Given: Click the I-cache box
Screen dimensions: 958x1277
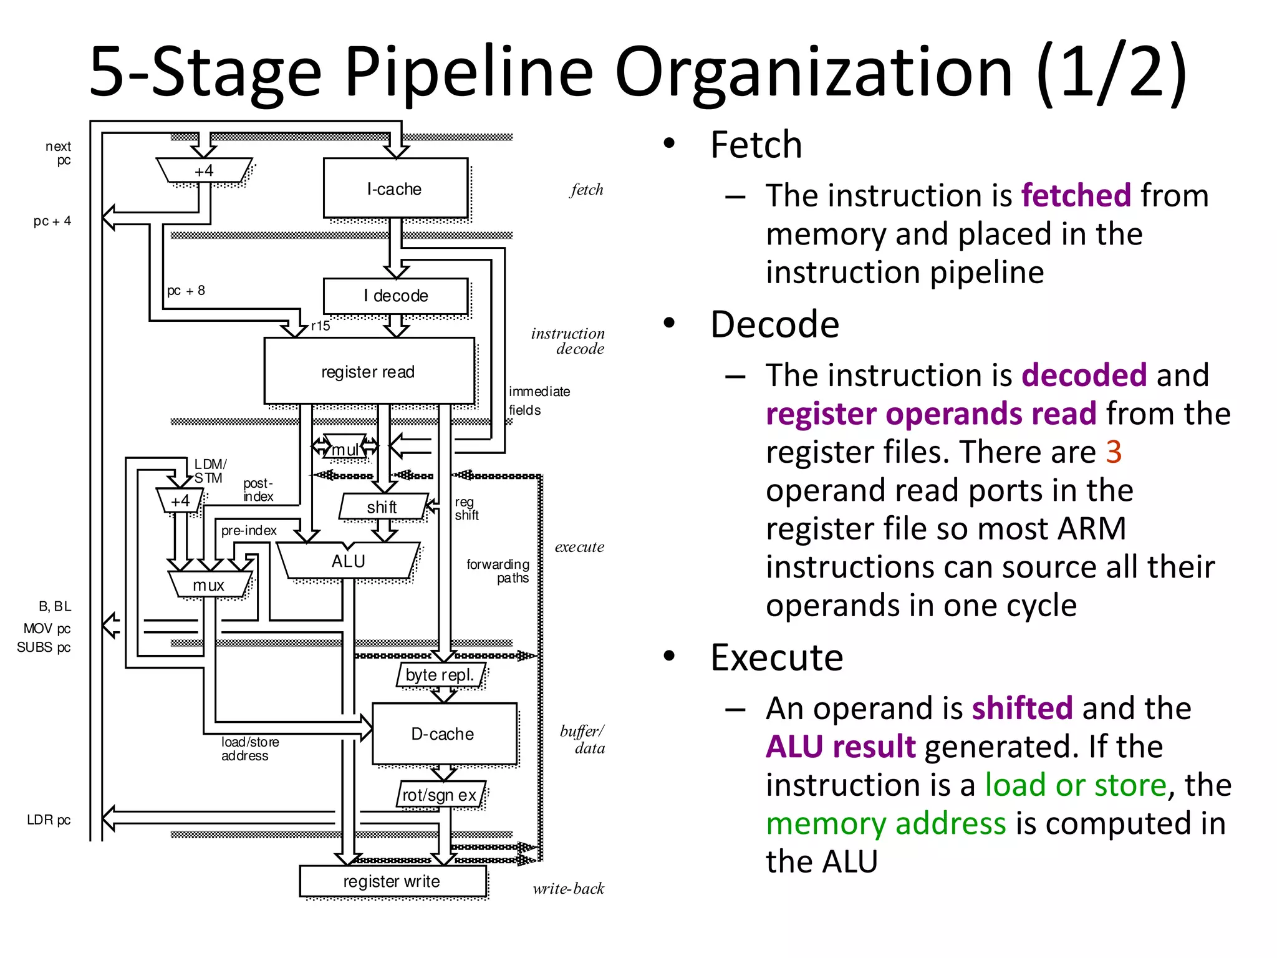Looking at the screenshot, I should [395, 188].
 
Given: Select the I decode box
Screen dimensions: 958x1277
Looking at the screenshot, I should [395, 296].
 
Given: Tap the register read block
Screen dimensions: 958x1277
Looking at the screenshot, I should [369, 372].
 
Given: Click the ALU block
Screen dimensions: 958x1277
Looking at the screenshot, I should [348, 561].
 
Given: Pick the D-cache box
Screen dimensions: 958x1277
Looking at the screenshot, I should [443, 733].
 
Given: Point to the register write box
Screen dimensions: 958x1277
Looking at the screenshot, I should [392, 881].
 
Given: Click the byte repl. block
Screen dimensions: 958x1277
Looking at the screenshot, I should [440, 675].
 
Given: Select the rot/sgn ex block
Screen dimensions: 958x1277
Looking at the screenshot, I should [440, 795].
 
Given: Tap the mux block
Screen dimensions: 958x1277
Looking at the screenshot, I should [209, 585].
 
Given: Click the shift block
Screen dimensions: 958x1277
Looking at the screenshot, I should [382, 506].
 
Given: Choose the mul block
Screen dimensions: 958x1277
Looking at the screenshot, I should [345, 449].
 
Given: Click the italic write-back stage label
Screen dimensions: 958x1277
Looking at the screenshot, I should [568, 888].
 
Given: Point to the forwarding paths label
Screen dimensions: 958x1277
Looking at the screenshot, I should [498, 571].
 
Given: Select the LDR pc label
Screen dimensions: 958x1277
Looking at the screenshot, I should [48, 820].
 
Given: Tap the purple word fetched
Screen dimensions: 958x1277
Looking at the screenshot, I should [1076, 195].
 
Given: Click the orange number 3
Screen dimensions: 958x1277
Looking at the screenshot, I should [1114, 452].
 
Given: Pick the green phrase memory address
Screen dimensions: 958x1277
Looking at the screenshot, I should [885, 823].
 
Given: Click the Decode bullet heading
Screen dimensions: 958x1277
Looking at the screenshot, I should [774, 324].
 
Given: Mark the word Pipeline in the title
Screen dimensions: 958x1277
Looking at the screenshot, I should [468, 72].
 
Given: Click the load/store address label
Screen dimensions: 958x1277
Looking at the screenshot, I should [249, 748].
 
